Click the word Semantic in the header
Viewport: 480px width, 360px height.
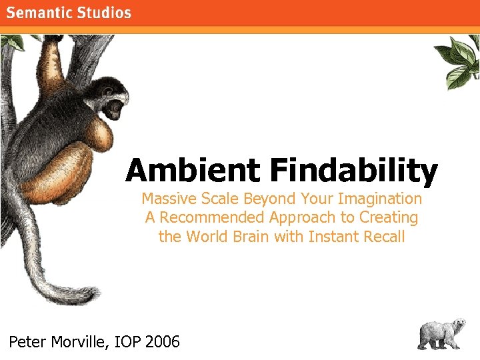tap(42, 13)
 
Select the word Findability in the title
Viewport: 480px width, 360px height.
tap(354, 171)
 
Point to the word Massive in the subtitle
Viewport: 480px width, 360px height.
tap(167, 199)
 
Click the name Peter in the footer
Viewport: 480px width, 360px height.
tap(27, 343)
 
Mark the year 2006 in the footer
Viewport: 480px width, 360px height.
tap(163, 343)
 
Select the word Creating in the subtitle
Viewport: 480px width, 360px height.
tap(389, 217)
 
